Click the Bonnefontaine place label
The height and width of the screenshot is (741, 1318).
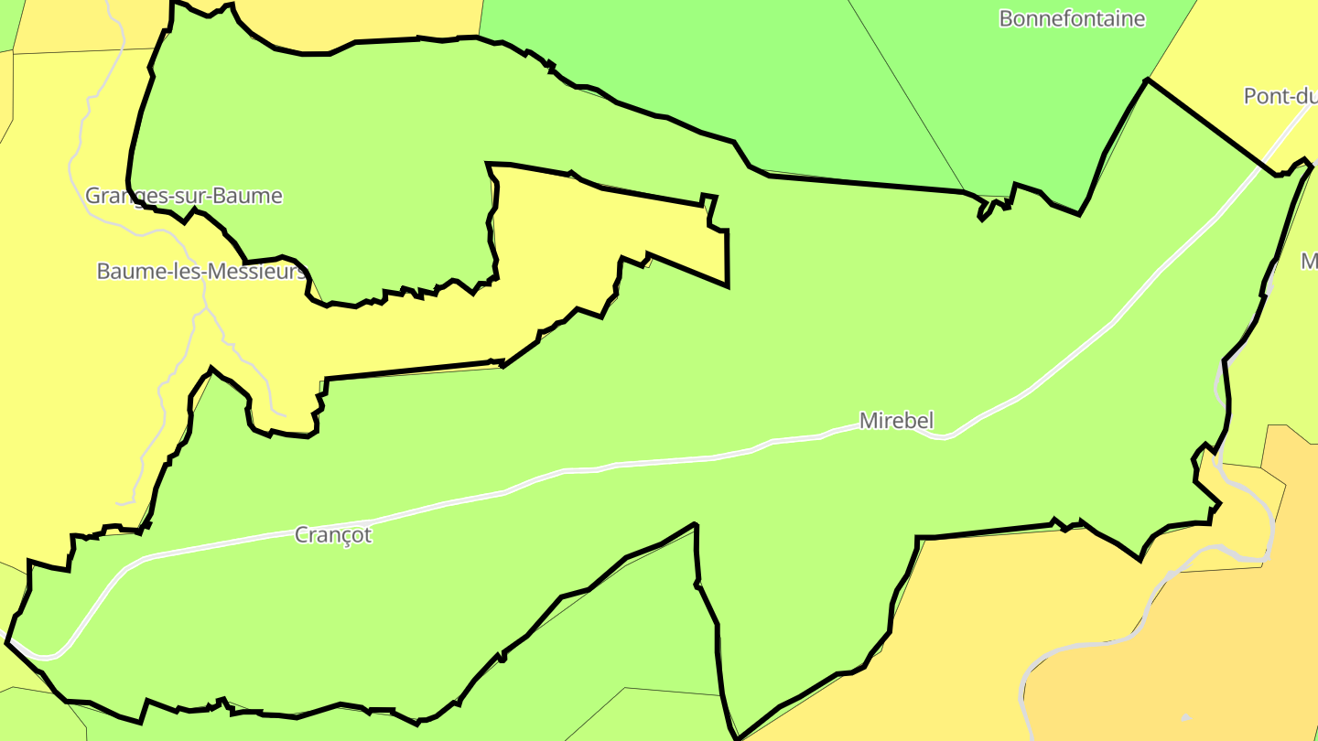1071,18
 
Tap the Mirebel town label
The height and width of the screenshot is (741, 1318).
896,421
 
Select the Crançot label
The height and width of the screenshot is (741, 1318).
333,535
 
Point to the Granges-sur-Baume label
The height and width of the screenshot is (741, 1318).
183,196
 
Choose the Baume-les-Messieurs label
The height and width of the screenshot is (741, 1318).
200,272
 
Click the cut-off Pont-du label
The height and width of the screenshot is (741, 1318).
1280,96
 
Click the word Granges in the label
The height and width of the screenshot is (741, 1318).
118,196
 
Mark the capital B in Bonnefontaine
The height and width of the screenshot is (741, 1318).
1006,18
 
